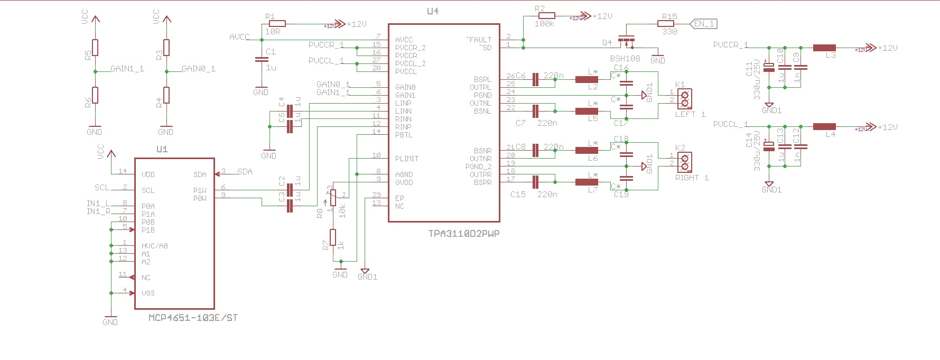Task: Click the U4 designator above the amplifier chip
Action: (x=432, y=11)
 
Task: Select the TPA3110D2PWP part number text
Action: (x=463, y=233)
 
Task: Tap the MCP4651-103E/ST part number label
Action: (x=193, y=318)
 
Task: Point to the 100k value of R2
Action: (x=544, y=24)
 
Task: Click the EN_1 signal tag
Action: (x=704, y=24)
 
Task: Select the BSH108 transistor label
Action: (x=625, y=58)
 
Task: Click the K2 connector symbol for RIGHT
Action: (x=685, y=162)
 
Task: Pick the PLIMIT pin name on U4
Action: (x=407, y=159)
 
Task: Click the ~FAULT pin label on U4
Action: (x=479, y=40)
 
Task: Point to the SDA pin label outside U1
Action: (x=245, y=172)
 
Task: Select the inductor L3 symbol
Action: (x=824, y=48)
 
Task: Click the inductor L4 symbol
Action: (x=824, y=127)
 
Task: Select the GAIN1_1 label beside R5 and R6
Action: (x=127, y=69)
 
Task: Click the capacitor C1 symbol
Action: (x=258, y=60)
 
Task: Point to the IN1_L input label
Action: (x=98, y=204)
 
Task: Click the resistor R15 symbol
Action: (x=668, y=24)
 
